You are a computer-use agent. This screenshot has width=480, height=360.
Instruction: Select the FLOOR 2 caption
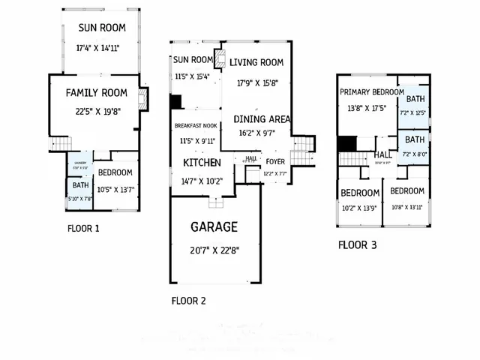pos(189,301)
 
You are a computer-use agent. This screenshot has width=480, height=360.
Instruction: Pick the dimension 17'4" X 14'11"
pos(98,48)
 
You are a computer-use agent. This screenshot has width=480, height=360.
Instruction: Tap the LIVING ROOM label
pos(256,62)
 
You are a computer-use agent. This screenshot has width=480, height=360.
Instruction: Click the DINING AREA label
pos(259,119)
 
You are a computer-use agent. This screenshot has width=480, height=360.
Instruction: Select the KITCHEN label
pos(202,163)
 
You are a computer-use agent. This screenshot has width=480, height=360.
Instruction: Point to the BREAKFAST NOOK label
pos(196,126)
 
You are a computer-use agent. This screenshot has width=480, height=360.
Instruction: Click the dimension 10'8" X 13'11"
pos(407,207)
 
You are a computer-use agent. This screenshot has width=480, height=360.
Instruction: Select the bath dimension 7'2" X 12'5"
pos(415,112)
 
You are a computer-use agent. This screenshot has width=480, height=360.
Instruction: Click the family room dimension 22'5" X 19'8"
pos(97,113)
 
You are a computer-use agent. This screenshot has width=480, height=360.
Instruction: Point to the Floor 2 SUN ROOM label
pos(193,60)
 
